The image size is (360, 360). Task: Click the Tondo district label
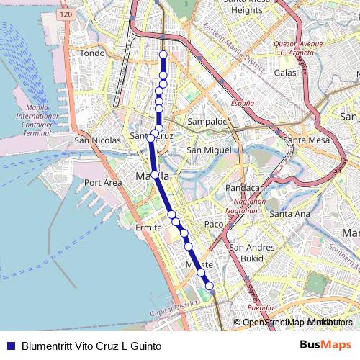click(92, 53)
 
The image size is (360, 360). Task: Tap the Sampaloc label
click(207, 122)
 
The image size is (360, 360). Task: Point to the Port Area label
click(103, 183)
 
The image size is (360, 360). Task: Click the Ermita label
click(149, 228)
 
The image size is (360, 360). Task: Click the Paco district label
click(214, 225)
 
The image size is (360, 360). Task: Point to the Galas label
click(285, 73)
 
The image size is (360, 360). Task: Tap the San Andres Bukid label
click(252, 253)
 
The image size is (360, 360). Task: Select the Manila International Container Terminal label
click(37, 120)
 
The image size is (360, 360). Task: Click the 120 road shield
click(67, 14)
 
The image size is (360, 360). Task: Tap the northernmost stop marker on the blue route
click(163, 55)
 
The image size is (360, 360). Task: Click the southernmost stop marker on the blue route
click(210, 286)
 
